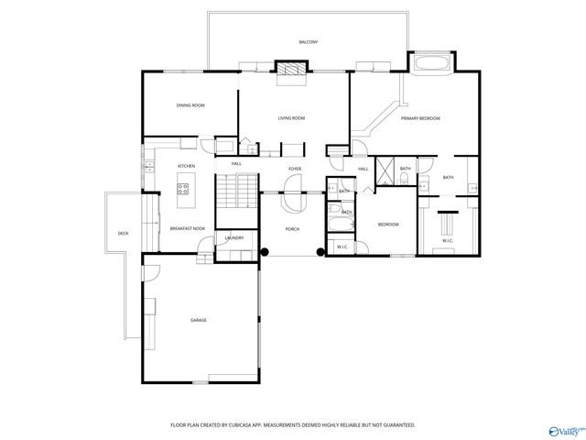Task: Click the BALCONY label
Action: click(x=308, y=42)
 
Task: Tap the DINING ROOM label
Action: click(x=190, y=105)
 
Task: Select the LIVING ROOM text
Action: click(x=291, y=118)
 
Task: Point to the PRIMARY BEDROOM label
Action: click(x=420, y=118)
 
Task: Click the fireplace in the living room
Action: click(x=292, y=70)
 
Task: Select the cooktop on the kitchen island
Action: click(x=183, y=190)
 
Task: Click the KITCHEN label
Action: click(x=186, y=166)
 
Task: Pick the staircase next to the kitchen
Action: click(x=237, y=192)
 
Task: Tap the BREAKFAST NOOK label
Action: click(x=187, y=228)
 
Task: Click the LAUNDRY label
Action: click(x=233, y=238)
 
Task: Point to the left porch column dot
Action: click(x=265, y=251)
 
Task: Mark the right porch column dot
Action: click(x=320, y=251)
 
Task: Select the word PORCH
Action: click(x=292, y=228)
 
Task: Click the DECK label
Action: click(x=123, y=234)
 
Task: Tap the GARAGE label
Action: click(x=198, y=320)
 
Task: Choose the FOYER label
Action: click(x=295, y=169)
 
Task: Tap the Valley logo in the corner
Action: click(x=564, y=429)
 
